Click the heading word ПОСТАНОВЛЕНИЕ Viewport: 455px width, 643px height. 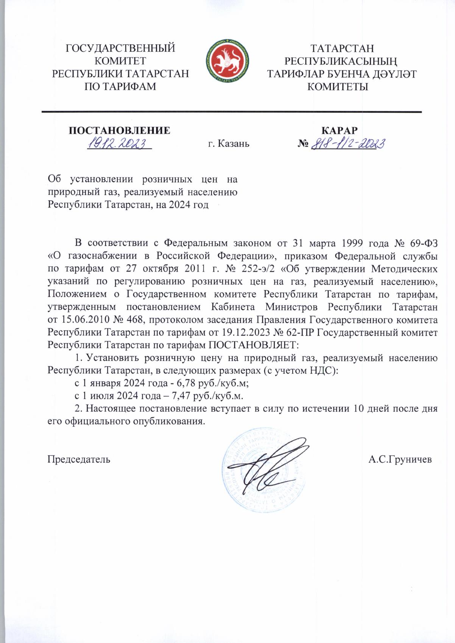coord(119,131)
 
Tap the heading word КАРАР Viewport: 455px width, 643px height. coord(339,131)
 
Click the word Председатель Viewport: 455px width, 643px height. coord(79,459)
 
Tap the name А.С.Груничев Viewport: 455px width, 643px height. coord(400,459)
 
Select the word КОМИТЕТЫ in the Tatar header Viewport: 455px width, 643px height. coord(338,87)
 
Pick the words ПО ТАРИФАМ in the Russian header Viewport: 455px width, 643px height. coord(120,87)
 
